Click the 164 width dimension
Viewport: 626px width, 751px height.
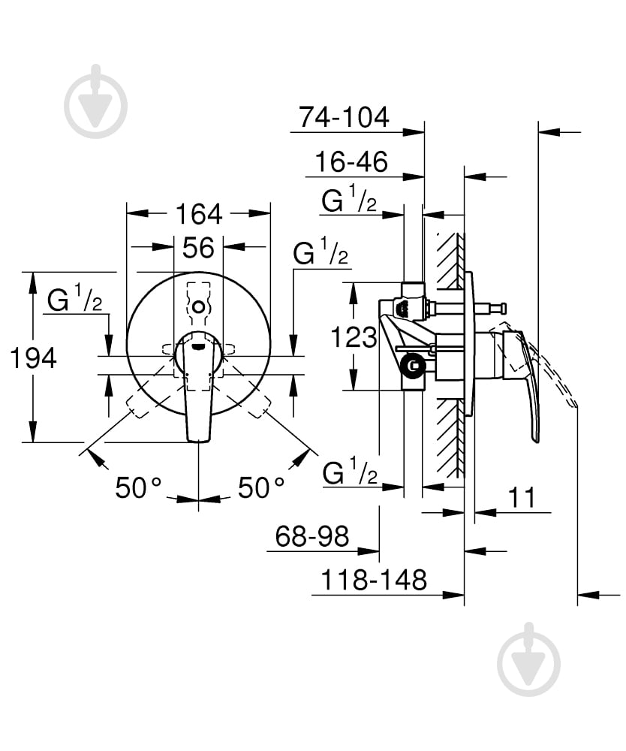[x=199, y=214]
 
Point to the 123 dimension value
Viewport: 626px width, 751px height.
[x=354, y=337]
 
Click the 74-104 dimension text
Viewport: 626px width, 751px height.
[x=344, y=117]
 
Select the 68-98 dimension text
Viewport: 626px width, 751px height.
[x=312, y=536]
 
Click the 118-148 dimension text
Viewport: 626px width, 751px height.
[x=374, y=580]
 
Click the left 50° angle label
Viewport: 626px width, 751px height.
[x=139, y=488]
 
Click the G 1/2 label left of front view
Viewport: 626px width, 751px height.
[x=75, y=300]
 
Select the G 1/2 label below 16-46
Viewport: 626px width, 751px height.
[x=350, y=201]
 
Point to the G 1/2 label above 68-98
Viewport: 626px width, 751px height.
[x=350, y=473]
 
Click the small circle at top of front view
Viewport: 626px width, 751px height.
[x=198, y=307]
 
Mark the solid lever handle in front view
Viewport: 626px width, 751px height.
[x=198, y=391]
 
